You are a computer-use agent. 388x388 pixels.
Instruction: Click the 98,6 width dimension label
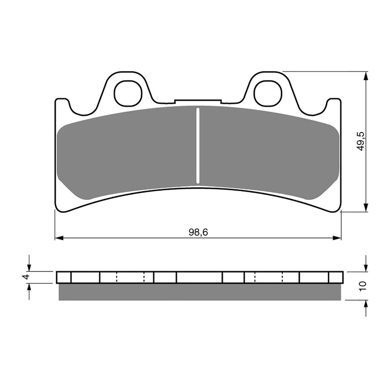tap(198, 232)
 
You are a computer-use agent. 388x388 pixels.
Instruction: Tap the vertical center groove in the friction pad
tap(197, 145)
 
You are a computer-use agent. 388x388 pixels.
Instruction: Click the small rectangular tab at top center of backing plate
tap(198, 102)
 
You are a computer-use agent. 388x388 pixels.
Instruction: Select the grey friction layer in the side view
tap(199, 292)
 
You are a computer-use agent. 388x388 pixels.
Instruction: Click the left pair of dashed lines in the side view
tap(130, 277)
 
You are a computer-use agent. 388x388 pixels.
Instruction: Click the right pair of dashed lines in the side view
tap(269, 277)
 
